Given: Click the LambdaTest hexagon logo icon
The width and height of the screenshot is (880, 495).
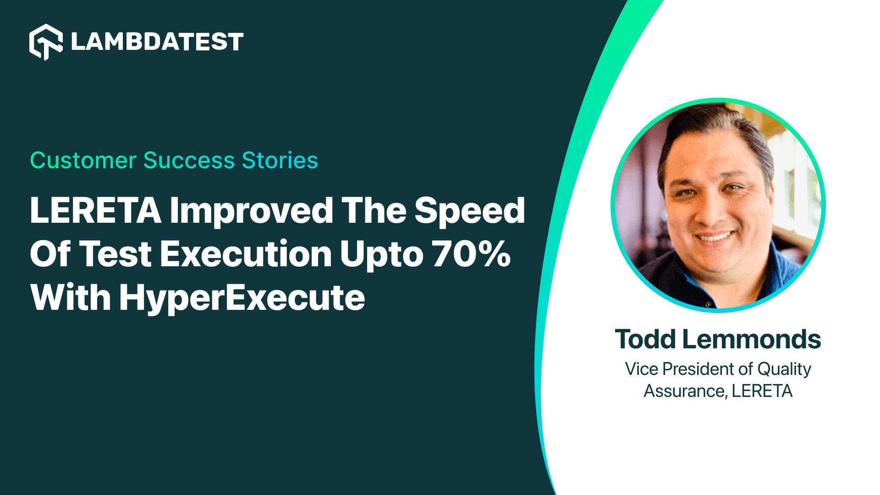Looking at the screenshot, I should click(x=46, y=42).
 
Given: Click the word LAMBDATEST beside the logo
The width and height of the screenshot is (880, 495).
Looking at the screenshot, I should click(x=157, y=42).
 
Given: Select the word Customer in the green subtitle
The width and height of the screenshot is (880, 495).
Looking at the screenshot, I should click(x=83, y=160).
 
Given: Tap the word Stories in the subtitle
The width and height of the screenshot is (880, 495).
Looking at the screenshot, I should click(x=280, y=160).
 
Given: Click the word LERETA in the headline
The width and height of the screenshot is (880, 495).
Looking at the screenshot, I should click(x=95, y=211).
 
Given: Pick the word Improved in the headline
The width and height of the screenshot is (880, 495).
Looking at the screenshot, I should click(x=251, y=211).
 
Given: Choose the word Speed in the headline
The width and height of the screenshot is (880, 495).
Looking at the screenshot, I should click(x=469, y=211).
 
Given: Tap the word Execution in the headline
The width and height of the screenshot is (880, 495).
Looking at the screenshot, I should click(x=246, y=254).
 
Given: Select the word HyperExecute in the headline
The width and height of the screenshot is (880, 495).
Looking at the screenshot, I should click(x=242, y=298).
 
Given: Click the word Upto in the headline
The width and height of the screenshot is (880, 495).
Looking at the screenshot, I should click(x=381, y=255).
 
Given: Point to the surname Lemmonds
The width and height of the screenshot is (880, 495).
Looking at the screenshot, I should click(x=752, y=339).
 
